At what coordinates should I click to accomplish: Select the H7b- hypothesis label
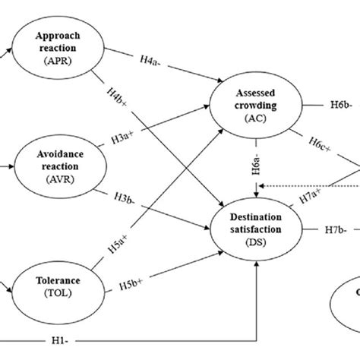pos(336,227)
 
